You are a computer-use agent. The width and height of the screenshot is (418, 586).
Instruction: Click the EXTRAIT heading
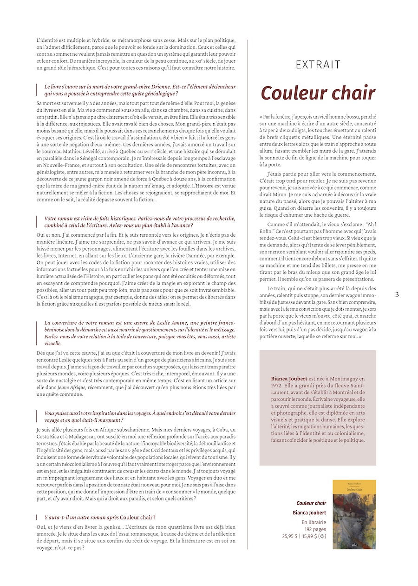318,65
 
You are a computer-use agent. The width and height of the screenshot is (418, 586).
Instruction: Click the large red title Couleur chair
318,93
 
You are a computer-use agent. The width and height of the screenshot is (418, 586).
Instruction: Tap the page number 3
397,294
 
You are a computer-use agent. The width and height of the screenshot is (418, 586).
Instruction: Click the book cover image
354,514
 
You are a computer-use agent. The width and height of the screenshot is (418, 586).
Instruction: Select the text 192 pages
315,529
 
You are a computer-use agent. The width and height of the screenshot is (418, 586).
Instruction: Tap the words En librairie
313,522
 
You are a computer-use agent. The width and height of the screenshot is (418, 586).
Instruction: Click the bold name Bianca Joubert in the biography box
289,379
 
